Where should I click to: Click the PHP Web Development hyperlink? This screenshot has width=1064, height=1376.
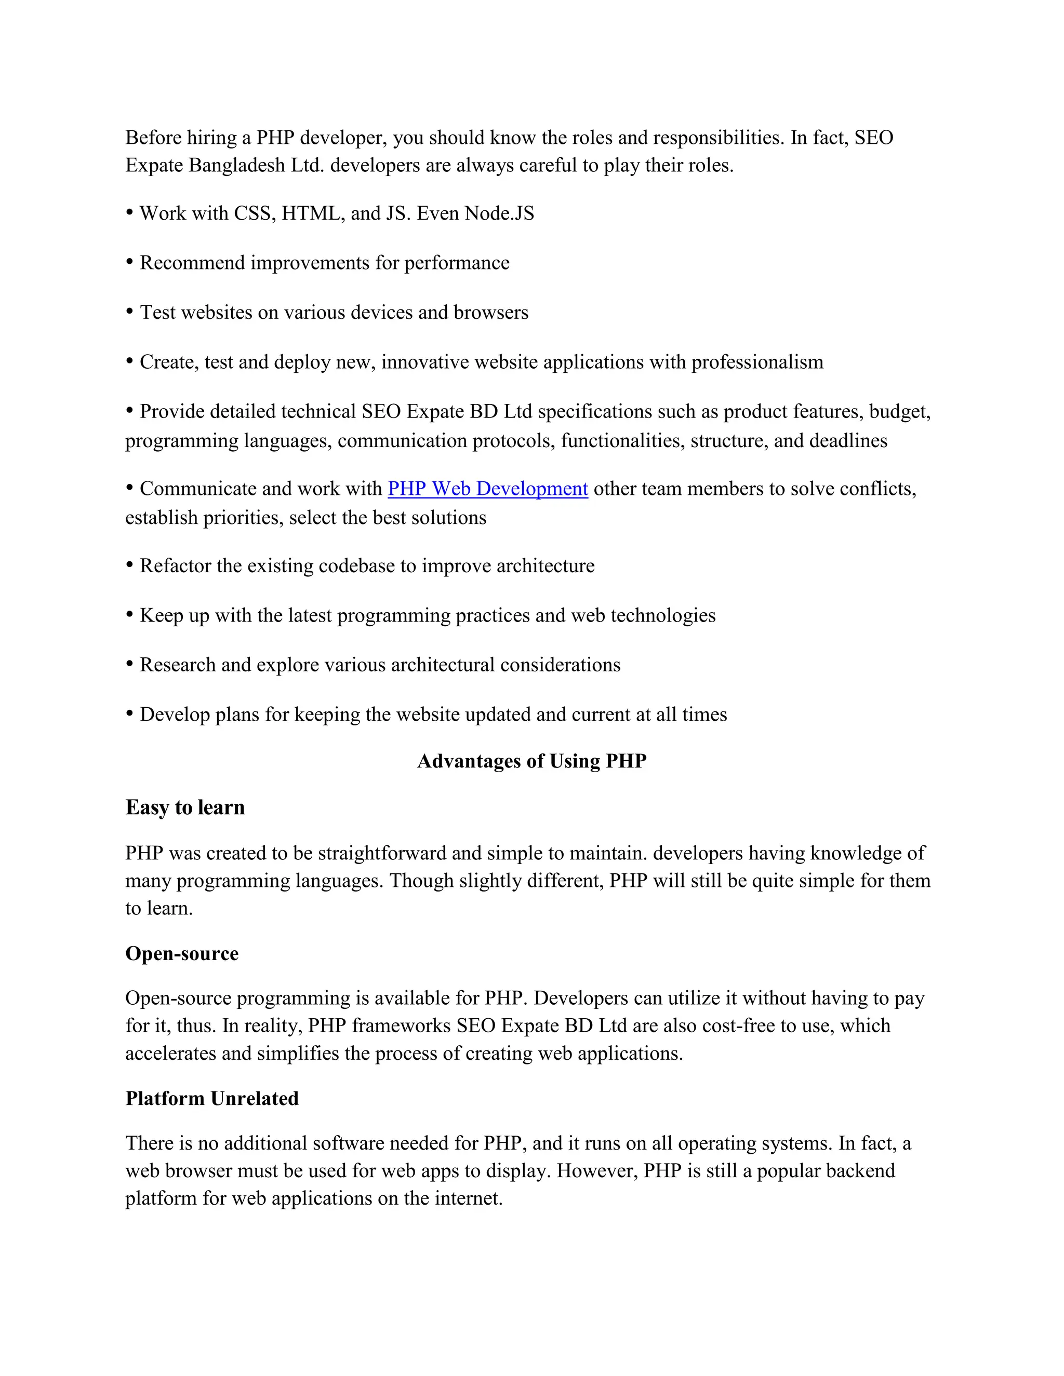(x=487, y=489)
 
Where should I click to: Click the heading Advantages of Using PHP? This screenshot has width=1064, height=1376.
(x=531, y=761)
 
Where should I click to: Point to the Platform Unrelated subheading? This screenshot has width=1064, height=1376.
(x=212, y=1098)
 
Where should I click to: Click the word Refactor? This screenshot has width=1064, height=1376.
(x=175, y=566)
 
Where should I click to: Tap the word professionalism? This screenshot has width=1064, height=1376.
(x=757, y=362)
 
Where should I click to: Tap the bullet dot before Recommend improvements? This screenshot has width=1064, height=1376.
(x=130, y=262)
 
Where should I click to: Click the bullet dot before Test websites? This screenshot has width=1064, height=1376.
(x=130, y=311)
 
